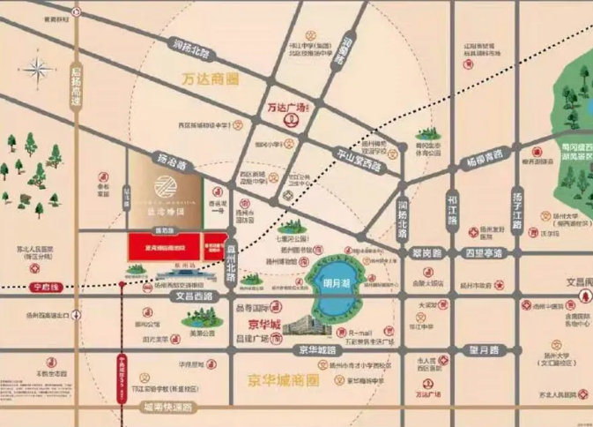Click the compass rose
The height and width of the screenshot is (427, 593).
coord(40,68)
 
